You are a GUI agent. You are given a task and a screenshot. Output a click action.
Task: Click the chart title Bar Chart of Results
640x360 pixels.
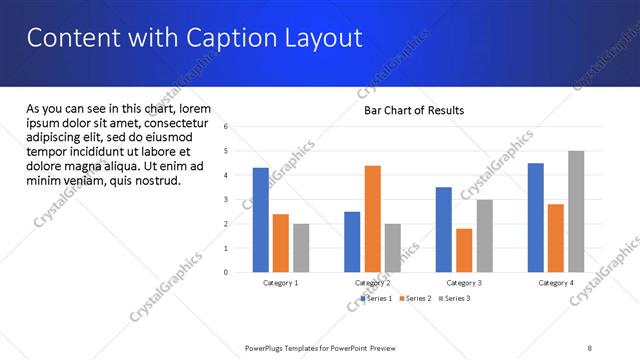(x=413, y=110)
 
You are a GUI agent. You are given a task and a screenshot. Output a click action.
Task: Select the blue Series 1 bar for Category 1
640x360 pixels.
(x=260, y=219)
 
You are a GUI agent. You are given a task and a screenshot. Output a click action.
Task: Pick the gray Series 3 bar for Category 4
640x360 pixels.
(x=576, y=211)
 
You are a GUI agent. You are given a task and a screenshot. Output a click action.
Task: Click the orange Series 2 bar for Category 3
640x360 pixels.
(x=464, y=250)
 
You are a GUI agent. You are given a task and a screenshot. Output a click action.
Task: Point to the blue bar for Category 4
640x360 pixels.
(x=535, y=217)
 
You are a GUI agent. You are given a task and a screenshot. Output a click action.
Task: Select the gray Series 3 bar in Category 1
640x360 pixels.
(x=301, y=247)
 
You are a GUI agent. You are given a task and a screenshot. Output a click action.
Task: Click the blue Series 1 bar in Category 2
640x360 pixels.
(x=352, y=241)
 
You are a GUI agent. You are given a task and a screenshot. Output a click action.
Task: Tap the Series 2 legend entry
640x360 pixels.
(x=416, y=298)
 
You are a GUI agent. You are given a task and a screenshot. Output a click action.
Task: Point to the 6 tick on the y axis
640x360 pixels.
(x=227, y=127)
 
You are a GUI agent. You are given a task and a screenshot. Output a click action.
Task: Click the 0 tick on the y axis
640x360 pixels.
(x=227, y=272)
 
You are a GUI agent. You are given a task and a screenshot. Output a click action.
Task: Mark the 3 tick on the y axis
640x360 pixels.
(x=227, y=200)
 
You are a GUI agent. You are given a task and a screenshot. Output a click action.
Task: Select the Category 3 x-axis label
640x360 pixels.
(x=464, y=283)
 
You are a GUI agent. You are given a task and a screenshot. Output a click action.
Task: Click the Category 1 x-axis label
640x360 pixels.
(x=281, y=283)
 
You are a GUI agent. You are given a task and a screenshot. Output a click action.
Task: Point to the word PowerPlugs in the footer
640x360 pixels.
(x=267, y=348)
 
